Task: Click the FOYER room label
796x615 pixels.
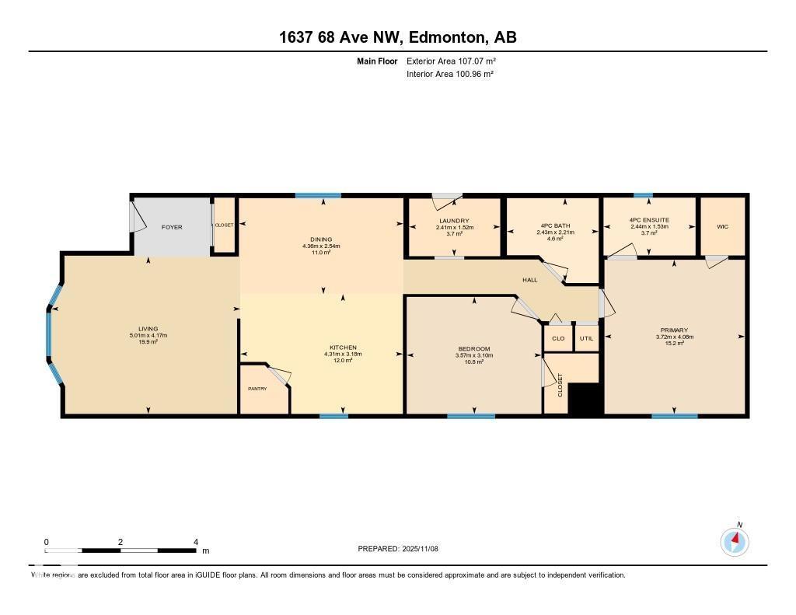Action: tap(171, 227)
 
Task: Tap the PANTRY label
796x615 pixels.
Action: tap(257, 388)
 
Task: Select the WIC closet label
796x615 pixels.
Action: tap(722, 227)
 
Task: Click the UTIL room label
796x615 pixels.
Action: tap(586, 338)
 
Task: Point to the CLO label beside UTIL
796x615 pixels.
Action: tap(558, 338)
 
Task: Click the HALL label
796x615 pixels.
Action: tap(529, 280)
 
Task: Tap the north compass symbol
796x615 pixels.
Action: tap(735, 540)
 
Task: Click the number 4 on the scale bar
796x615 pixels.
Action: tap(196, 542)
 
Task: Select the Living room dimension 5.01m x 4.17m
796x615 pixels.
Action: tap(148, 335)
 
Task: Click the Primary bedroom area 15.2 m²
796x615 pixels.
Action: tap(674, 343)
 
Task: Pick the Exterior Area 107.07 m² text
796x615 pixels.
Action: tap(451, 61)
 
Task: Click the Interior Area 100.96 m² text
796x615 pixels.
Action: tap(450, 74)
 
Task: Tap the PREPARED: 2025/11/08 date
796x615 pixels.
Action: tap(398, 548)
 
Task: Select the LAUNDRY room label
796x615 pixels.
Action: tap(455, 221)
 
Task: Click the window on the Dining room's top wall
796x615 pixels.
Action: tap(317, 195)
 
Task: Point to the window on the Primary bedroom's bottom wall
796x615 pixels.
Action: tap(674, 416)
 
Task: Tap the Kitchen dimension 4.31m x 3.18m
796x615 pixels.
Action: tap(343, 354)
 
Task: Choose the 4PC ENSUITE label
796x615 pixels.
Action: tap(650, 221)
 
